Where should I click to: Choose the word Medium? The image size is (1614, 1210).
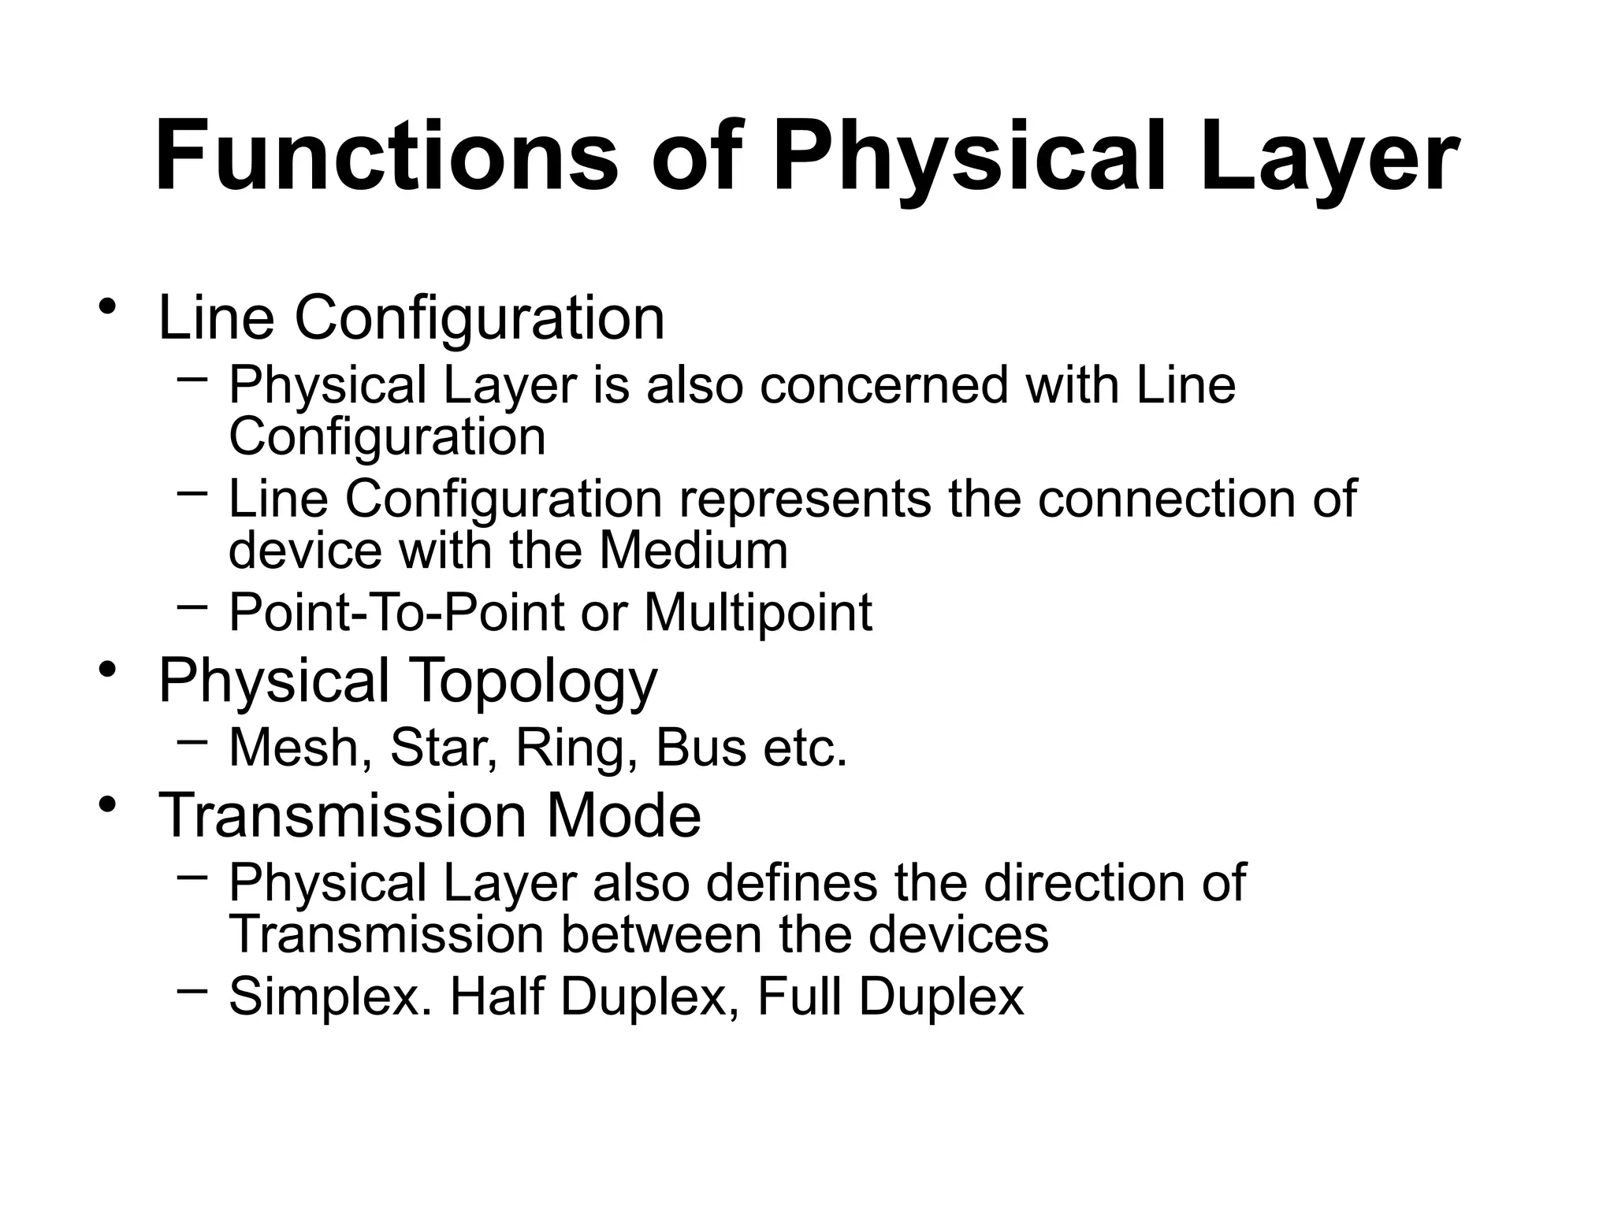(x=694, y=550)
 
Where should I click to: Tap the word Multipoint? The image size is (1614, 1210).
(x=758, y=613)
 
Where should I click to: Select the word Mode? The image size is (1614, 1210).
(x=623, y=815)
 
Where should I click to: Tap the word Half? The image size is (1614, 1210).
(x=496, y=996)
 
